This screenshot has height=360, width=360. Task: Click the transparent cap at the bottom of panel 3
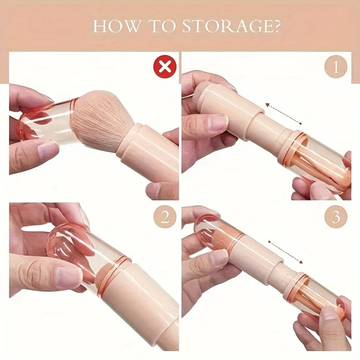coord(315,297)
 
